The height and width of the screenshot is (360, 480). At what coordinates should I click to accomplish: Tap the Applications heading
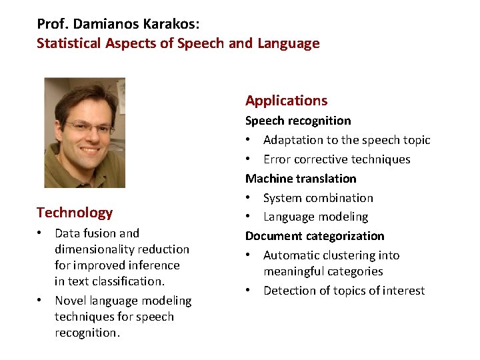click(286, 101)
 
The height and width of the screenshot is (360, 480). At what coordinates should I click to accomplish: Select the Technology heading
click(75, 213)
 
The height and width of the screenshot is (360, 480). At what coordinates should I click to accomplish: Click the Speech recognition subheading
click(298, 121)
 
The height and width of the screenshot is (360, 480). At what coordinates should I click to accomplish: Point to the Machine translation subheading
click(301, 179)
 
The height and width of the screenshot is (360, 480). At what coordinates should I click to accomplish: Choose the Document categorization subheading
click(315, 236)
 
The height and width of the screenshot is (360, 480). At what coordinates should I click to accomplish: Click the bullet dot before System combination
click(249, 198)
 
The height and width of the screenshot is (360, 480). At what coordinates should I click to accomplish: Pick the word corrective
click(323, 159)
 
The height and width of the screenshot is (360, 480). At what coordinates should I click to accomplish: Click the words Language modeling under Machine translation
click(315, 217)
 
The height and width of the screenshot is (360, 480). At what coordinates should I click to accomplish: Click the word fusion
click(98, 233)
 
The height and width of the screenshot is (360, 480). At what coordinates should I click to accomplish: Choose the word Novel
click(69, 301)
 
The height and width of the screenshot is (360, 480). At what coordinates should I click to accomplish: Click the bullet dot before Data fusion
click(41, 233)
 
